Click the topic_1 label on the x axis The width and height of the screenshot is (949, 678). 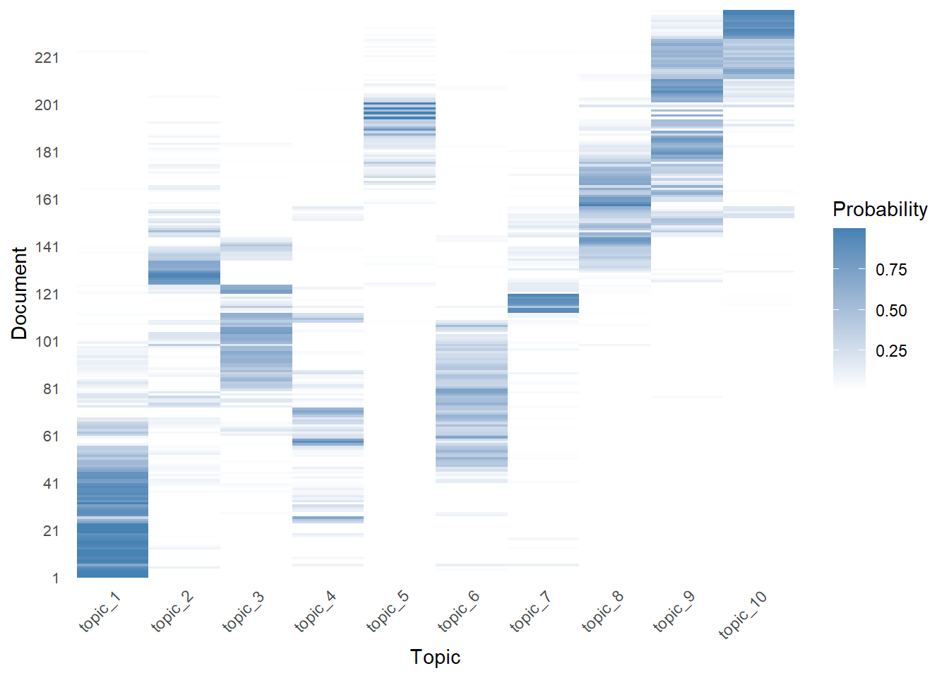pyautogui.click(x=101, y=612)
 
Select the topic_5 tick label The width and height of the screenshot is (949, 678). pyautogui.click(x=388, y=612)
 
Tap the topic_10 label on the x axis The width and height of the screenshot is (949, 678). pyautogui.click(x=744, y=615)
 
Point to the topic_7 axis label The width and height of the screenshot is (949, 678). pyautogui.click(x=532, y=612)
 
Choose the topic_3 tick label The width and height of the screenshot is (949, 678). pyautogui.click(x=244, y=612)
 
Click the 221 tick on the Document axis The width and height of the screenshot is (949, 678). pyautogui.click(x=47, y=58)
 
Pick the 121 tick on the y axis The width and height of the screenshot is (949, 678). pyautogui.click(x=47, y=295)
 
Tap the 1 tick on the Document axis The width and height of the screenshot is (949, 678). pyautogui.click(x=55, y=578)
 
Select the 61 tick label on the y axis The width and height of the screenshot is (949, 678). pyautogui.click(x=50, y=436)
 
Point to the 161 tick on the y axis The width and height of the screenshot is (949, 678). pyautogui.click(x=47, y=200)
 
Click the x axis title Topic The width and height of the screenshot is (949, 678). pyautogui.click(x=435, y=658)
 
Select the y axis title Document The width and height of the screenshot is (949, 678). pyautogui.click(x=20, y=293)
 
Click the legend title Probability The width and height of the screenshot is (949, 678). pyautogui.click(x=880, y=210)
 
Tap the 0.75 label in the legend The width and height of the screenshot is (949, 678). pyautogui.click(x=891, y=270)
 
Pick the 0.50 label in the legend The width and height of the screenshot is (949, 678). pyautogui.click(x=891, y=311)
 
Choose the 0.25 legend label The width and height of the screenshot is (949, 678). pyautogui.click(x=891, y=351)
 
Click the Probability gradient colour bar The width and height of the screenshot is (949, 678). pyautogui.click(x=849, y=308)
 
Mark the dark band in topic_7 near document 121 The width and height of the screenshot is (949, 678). pyautogui.click(x=543, y=303)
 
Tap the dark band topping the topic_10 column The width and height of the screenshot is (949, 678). pyautogui.click(x=758, y=25)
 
